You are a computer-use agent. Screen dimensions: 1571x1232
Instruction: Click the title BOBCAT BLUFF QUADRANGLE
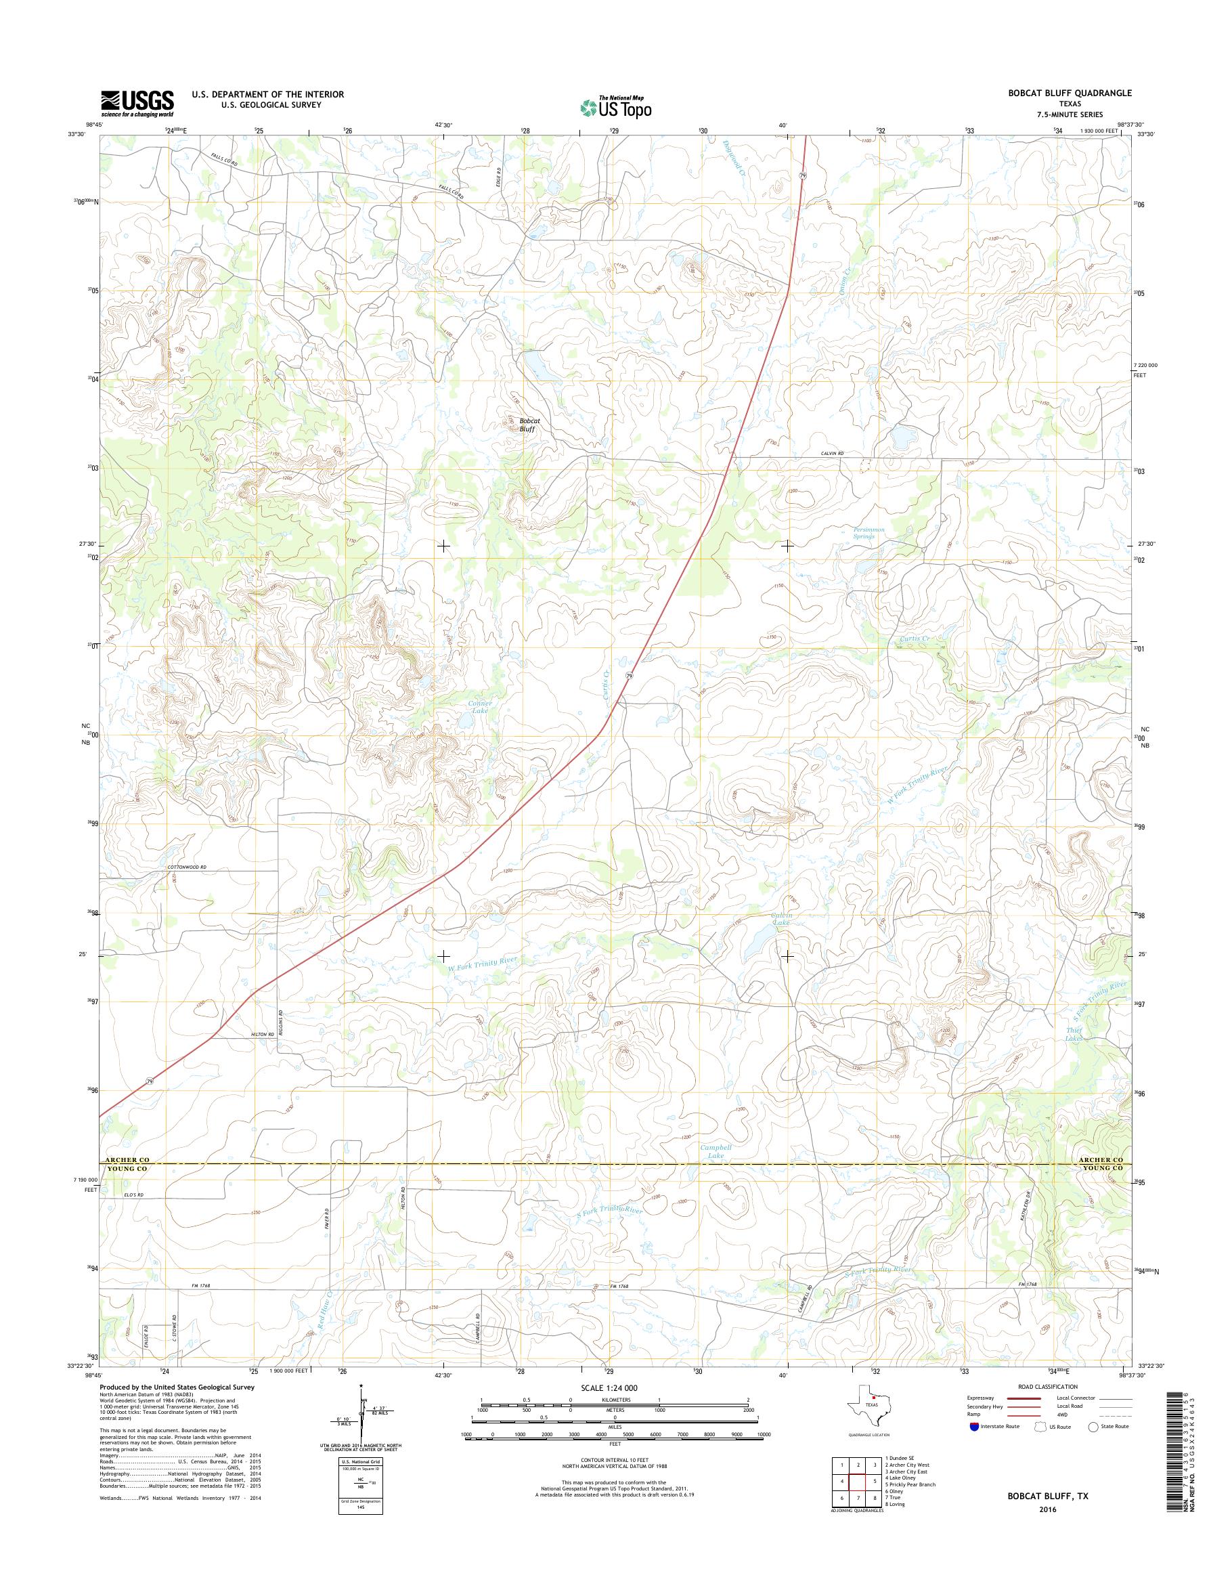(1071, 93)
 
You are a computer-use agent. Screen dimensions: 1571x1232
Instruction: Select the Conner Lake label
(480, 707)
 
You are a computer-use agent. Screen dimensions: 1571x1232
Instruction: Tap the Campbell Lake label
(716, 1171)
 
